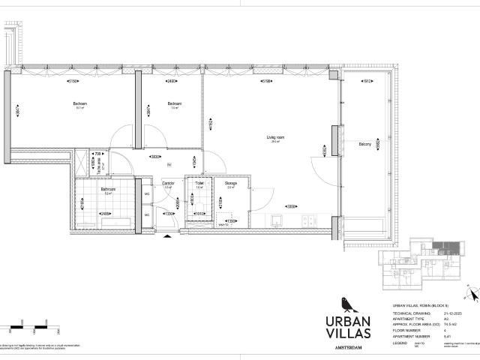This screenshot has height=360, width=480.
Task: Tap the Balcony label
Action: click(365, 143)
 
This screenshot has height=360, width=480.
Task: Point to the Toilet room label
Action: click(199, 183)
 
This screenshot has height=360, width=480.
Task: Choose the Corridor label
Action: click(169, 183)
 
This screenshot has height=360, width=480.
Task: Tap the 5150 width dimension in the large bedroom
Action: click(73, 81)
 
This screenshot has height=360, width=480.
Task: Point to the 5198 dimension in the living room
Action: click(266, 81)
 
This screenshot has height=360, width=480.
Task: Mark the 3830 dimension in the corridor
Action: click(153, 157)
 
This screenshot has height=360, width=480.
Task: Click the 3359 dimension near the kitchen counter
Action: click(289, 206)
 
